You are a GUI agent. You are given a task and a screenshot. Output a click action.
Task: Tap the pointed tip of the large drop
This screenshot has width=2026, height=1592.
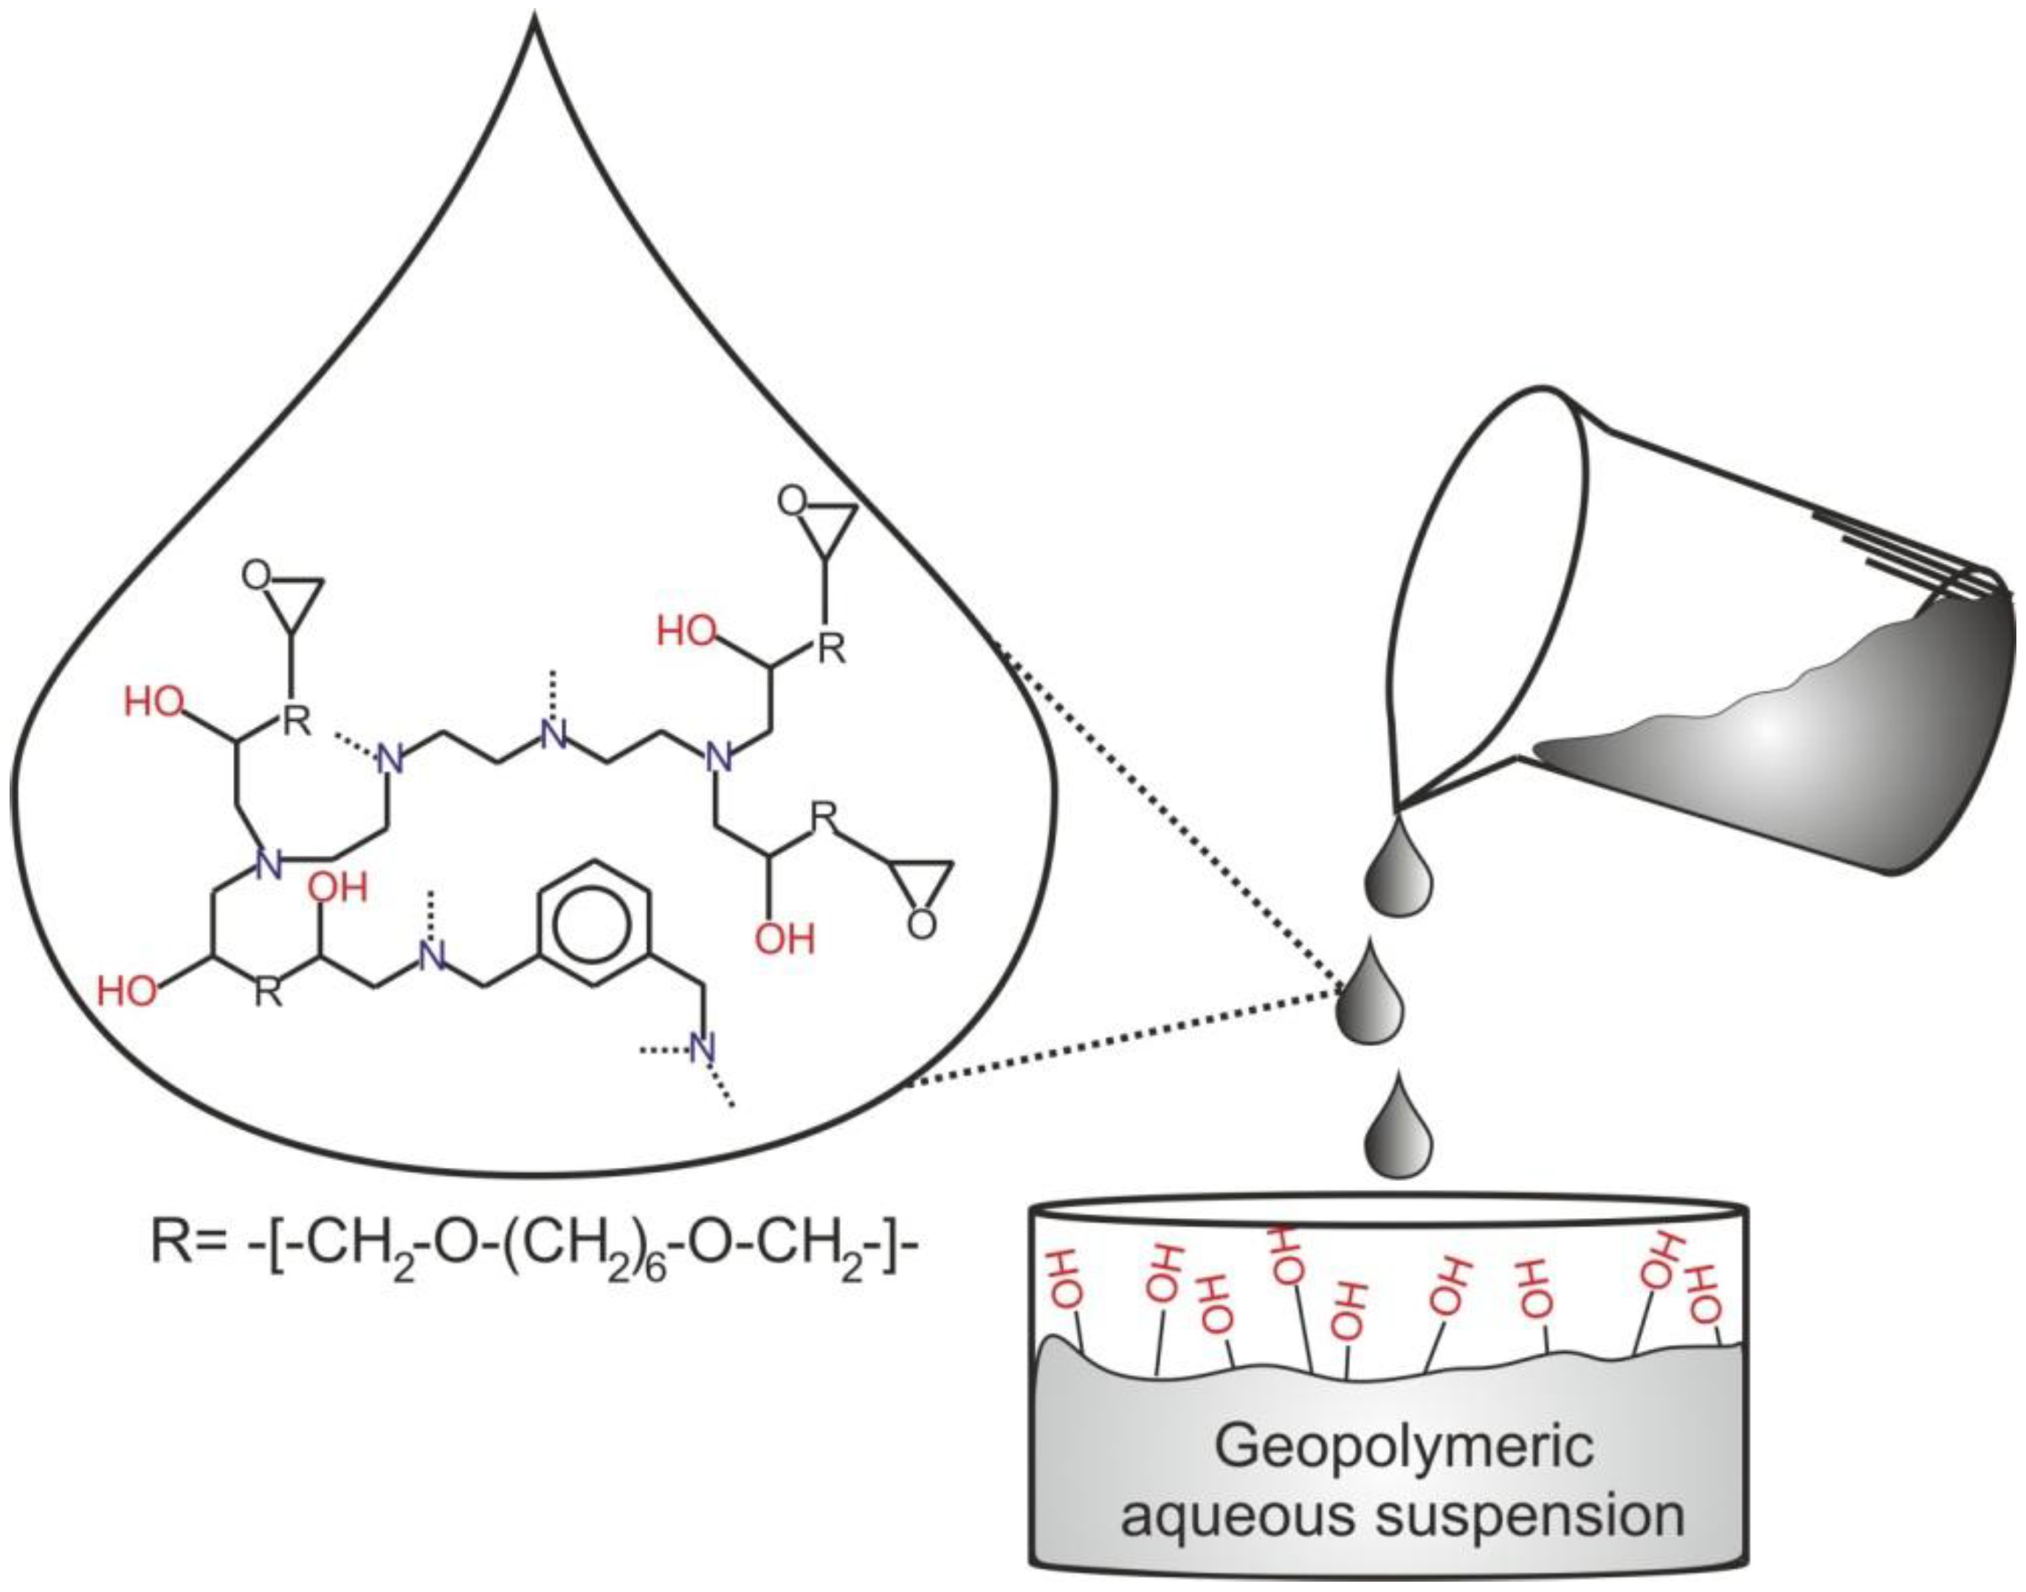tap(535, 21)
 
